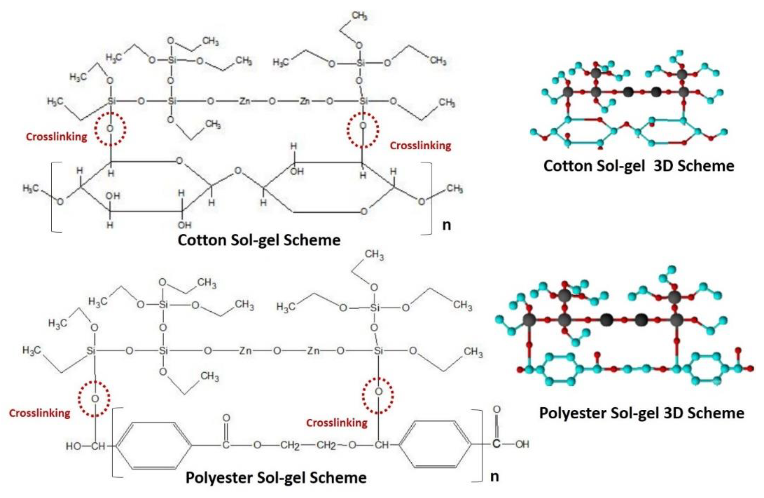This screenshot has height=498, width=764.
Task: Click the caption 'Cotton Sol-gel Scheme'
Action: pyautogui.click(x=259, y=240)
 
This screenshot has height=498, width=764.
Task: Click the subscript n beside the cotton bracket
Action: pyautogui.click(x=446, y=225)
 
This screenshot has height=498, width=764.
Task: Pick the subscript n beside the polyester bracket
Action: pyautogui.click(x=494, y=477)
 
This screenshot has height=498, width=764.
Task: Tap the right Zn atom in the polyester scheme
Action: pyautogui.click(x=313, y=351)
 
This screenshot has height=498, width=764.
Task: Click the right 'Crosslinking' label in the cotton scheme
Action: pyautogui.click(x=420, y=146)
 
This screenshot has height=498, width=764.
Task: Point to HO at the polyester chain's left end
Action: pyautogui.click(x=74, y=446)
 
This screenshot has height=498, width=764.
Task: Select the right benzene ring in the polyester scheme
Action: pyautogui.click(x=435, y=444)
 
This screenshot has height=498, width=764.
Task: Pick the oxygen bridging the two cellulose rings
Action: pyautogui.click(x=238, y=171)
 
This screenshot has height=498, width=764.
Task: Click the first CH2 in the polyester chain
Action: pyautogui.click(x=290, y=446)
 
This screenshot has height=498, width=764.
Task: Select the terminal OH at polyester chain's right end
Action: pyautogui.click(x=522, y=444)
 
